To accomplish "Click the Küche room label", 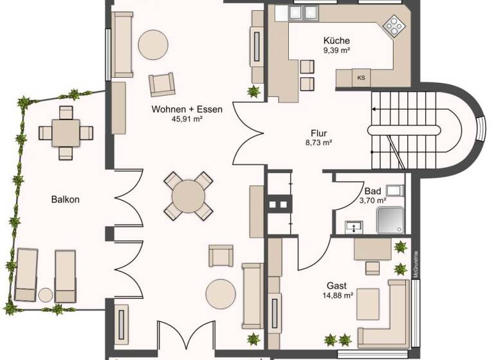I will (x=336, y=40).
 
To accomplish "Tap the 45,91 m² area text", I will (x=187, y=119).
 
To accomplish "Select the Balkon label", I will (x=65, y=199).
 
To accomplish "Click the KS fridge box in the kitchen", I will (x=361, y=78).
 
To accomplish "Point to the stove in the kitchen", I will (x=393, y=26).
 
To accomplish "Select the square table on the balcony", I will (x=66, y=132).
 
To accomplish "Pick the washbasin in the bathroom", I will (x=354, y=226).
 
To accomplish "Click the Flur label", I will (x=316, y=133).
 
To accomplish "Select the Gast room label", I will (x=336, y=285).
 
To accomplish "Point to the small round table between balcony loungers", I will (x=45, y=295).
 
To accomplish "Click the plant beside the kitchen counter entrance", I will (x=254, y=91).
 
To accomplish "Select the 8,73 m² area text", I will (x=318, y=143).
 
